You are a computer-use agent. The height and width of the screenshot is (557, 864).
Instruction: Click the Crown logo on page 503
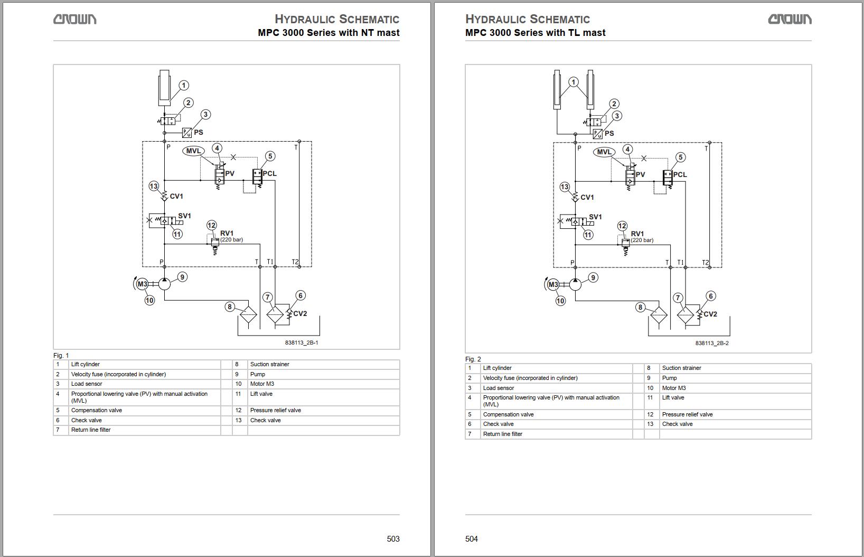[x=74, y=20]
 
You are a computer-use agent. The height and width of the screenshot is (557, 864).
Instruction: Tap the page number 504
[x=472, y=539]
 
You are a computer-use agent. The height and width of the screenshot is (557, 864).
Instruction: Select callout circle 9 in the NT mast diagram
[x=182, y=277]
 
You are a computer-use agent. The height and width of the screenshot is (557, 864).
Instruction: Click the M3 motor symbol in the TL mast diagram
[x=553, y=285]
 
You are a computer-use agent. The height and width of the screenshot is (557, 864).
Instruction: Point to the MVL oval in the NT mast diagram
[x=194, y=151]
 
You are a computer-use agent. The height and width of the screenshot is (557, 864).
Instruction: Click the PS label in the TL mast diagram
[x=609, y=133]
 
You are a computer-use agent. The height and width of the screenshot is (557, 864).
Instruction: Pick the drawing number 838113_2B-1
[x=302, y=342]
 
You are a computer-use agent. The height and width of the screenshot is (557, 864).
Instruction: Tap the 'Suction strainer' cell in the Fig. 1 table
[x=269, y=364]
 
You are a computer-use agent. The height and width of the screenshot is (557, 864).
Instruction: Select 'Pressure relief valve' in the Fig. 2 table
[x=687, y=414]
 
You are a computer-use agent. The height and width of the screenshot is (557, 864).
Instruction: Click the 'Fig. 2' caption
[x=473, y=359]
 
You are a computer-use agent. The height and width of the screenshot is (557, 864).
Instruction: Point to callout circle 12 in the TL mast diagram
[x=622, y=226]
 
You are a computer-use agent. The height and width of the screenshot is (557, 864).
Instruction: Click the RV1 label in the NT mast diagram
[x=227, y=233]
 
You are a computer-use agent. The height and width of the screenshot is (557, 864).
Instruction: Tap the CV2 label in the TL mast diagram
[x=710, y=314]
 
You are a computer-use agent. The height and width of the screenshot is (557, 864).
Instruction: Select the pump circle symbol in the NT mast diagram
[x=164, y=284]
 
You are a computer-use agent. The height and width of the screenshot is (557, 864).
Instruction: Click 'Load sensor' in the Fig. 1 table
[x=87, y=384]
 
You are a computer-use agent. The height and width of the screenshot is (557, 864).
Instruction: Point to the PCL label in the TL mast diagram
[x=680, y=174]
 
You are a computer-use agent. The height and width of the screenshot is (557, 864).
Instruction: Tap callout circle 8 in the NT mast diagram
[x=229, y=307]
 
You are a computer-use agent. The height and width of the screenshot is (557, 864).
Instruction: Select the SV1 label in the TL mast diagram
[x=595, y=217]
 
